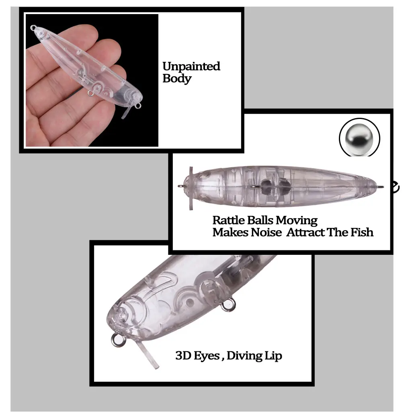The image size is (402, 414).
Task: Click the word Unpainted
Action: coord(191,66)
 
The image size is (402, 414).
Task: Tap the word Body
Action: coord(177,79)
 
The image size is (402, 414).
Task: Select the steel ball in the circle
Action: coord(359,138)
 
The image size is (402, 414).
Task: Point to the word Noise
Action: coord(266,232)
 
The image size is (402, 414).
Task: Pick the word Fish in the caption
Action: coord(362,232)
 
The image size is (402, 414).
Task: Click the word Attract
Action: coord(306,232)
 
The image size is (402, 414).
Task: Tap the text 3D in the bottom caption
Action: coord(183,356)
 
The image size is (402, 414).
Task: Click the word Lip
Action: coord(273,356)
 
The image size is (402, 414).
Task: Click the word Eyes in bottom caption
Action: coord(207,356)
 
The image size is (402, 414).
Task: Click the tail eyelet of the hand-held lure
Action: coord(33,27)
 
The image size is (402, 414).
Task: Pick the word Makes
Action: coord(230,232)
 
